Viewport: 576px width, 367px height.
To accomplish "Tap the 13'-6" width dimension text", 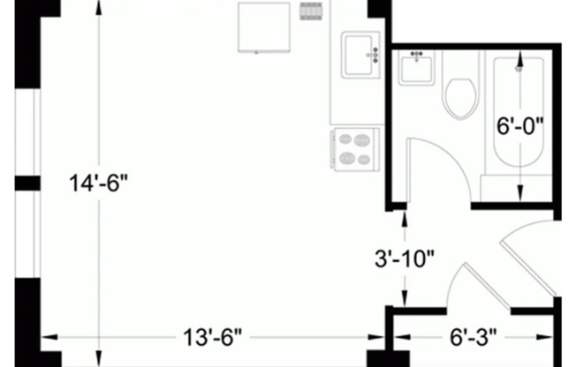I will [x=213, y=337].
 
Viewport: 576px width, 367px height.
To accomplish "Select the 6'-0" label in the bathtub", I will [x=519, y=126].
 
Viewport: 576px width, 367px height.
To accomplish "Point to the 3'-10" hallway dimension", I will [x=404, y=259].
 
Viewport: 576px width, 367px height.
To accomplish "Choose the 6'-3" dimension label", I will [x=474, y=337].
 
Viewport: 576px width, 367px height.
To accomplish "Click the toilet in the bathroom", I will [x=460, y=97].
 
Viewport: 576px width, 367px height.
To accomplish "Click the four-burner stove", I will [x=355, y=147].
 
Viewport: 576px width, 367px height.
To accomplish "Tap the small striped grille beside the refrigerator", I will [x=309, y=12].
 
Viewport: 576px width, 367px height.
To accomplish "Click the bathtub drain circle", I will [x=519, y=67].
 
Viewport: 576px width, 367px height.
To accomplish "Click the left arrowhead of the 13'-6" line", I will [x=45, y=336].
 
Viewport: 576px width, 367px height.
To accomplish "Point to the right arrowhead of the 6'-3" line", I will [x=549, y=336].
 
